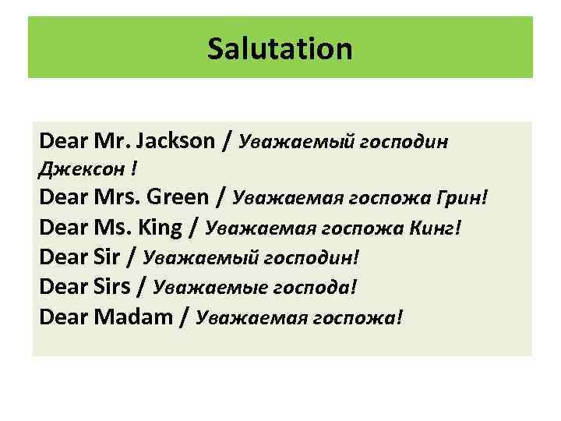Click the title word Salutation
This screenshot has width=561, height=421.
tap(280, 49)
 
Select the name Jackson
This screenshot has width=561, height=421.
tap(175, 141)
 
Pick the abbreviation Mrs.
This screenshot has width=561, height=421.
tap(118, 198)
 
